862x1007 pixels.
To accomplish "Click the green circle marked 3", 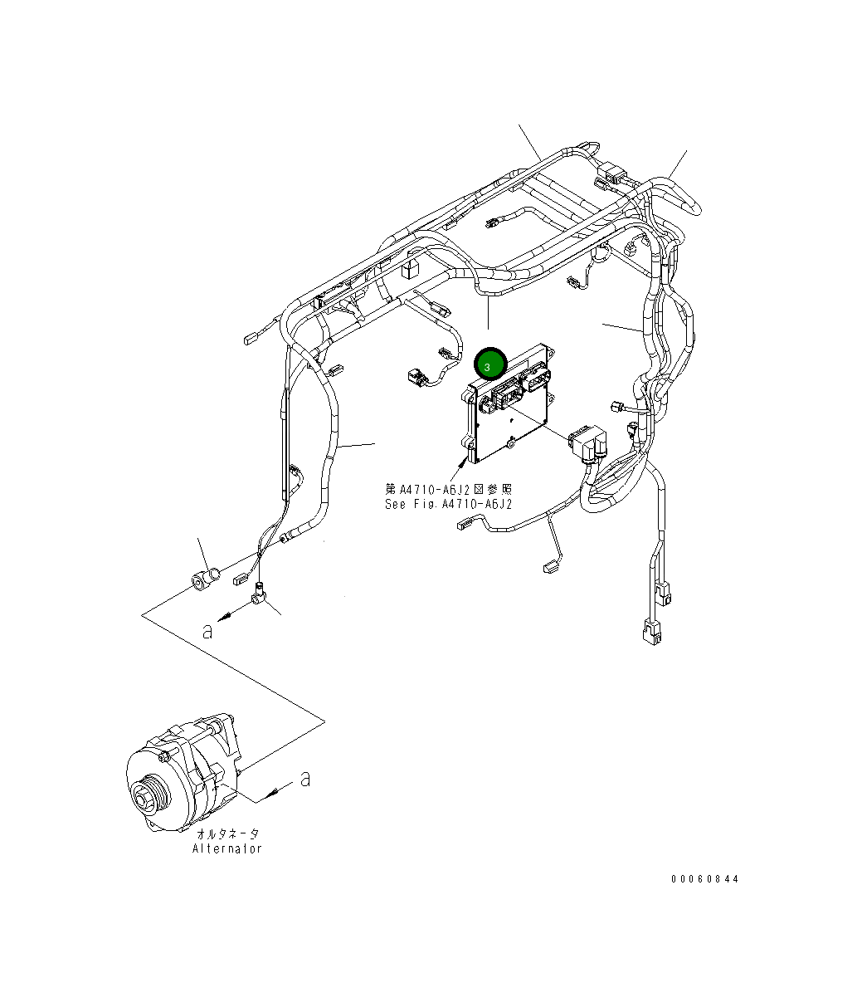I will click(489, 364).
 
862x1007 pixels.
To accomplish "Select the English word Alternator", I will click(227, 848).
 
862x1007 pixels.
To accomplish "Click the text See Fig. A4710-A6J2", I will click(448, 504).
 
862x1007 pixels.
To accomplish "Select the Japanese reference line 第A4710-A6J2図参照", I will click(449, 490).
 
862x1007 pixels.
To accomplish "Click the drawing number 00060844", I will click(704, 879).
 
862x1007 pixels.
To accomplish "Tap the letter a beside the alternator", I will click(305, 779).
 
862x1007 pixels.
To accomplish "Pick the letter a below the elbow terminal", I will click(207, 630).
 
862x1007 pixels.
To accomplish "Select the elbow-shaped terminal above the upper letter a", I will click(259, 593).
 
